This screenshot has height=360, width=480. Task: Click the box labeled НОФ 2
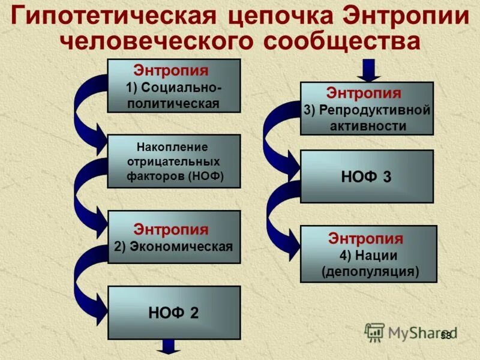tap(173, 313)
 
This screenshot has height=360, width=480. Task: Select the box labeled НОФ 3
tap(366, 176)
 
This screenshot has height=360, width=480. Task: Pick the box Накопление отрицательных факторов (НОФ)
tap(173, 161)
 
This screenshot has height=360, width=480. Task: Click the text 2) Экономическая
tap(173, 246)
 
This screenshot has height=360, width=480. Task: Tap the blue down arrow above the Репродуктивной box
tap(369, 70)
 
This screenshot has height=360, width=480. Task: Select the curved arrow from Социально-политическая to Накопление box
tap(87, 114)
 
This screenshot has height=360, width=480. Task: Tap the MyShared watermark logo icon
tap(375, 332)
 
